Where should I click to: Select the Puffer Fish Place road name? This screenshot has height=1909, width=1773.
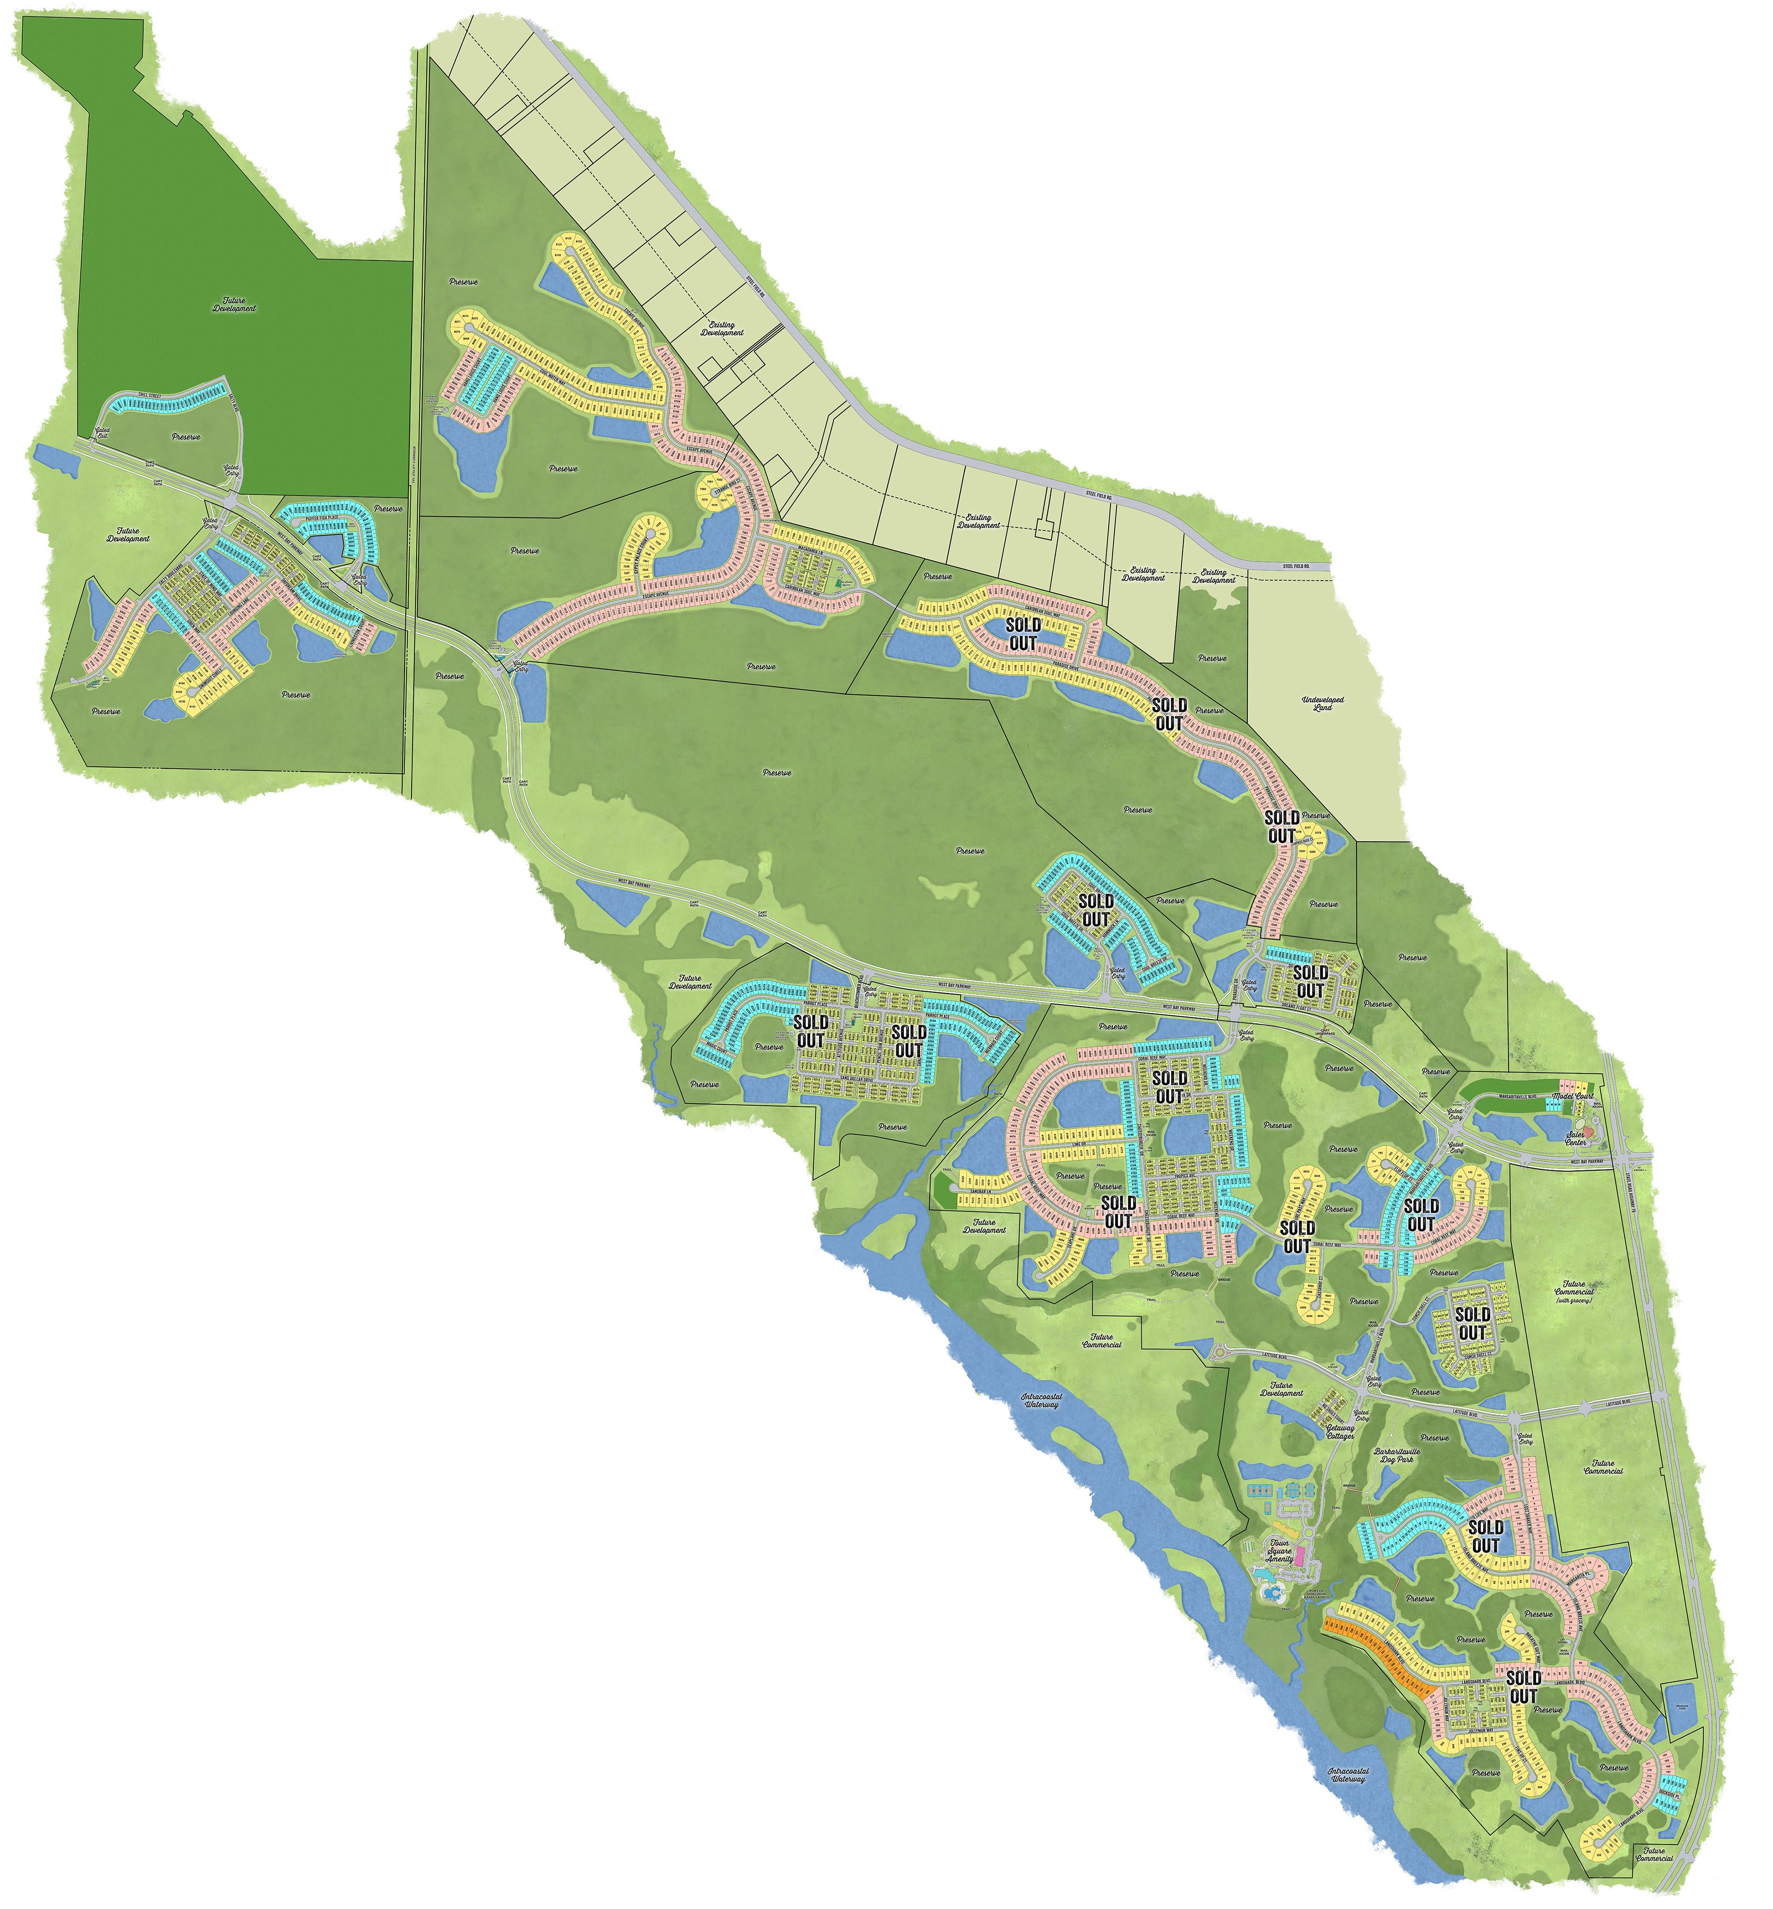pos(321,518)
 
